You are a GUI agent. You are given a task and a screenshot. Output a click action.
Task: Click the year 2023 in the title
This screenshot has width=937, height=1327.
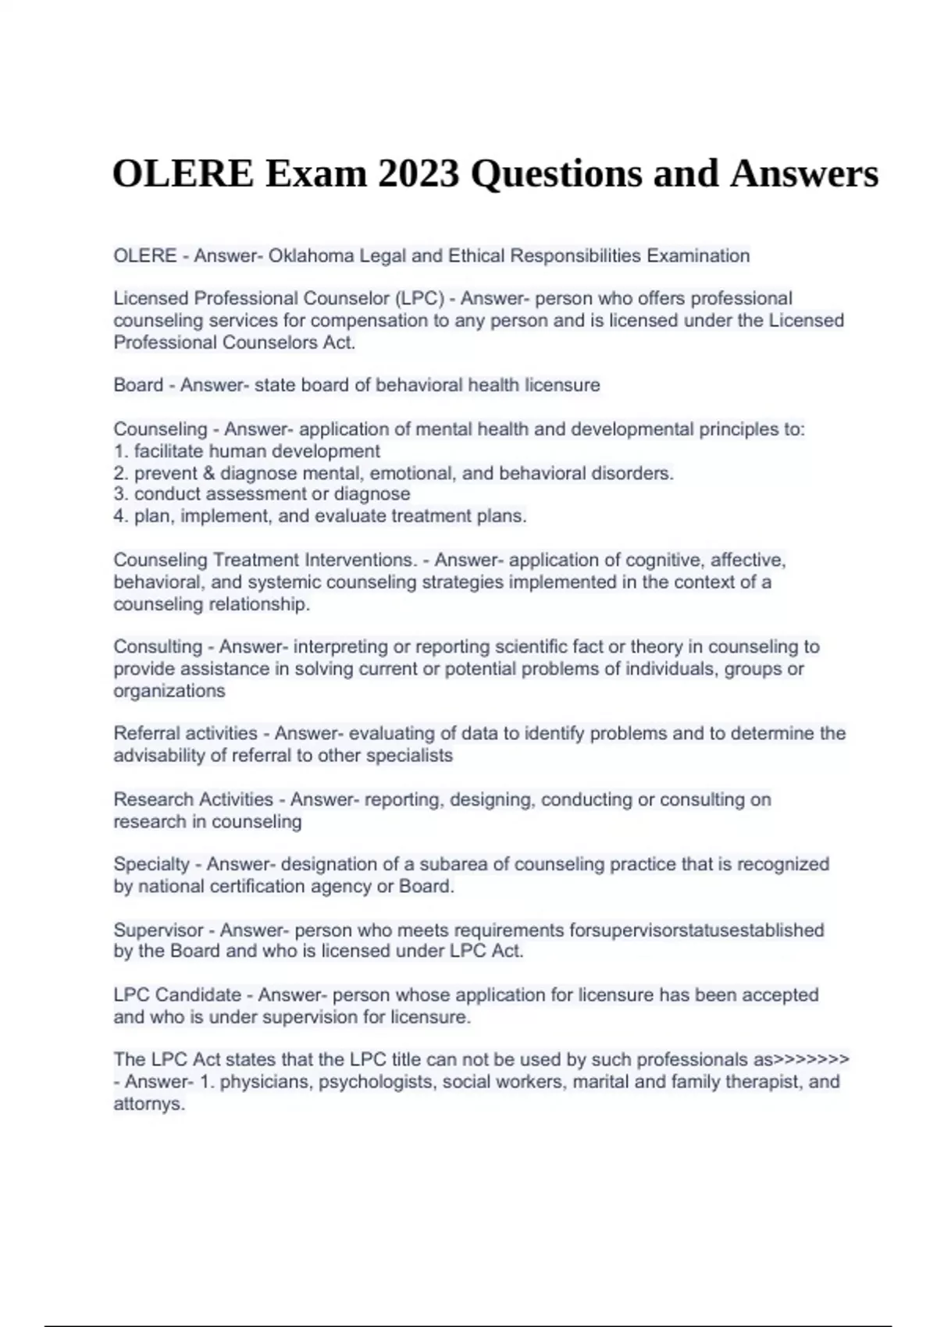click(x=418, y=173)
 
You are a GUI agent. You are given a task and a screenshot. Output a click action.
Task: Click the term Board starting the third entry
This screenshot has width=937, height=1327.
click(x=138, y=385)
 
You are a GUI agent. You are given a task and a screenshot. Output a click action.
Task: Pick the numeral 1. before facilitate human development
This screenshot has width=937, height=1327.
click(x=121, y=451)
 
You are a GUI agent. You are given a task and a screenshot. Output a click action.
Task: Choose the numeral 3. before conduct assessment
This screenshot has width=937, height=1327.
click(x=121, y=494)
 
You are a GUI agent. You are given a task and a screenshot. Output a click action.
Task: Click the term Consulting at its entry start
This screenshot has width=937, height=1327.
click(x=158, y=646)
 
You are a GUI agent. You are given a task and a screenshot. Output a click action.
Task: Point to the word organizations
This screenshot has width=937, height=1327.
click(x=169, y=691)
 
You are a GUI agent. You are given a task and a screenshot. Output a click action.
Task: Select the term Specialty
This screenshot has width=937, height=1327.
click(x=151, y=864)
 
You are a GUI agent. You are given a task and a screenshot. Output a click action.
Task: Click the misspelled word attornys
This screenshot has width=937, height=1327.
click(x=148, y=1104)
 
